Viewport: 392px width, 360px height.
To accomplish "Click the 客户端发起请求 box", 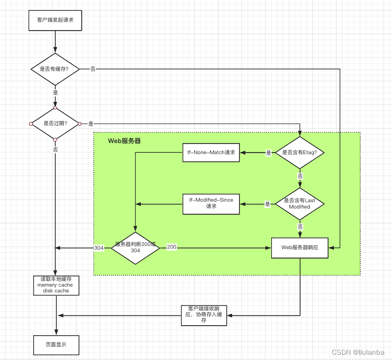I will pyautogui.click(x=55, y=20).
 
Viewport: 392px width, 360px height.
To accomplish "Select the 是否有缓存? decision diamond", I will pyautogui.click(x=55, y=69).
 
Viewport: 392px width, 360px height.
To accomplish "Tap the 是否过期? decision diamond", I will pyautogui.click(x=55, y=124).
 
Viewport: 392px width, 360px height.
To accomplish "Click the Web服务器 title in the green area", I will pyautogui.click(x=125, y=141).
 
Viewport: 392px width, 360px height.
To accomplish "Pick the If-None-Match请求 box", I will pyautogui.click(x=211, y=153).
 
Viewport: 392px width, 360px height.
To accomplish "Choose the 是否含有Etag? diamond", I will pyautogui.click(x=300, y=153).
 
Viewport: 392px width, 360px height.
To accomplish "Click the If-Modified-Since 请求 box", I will pyautogui.click(x=211, y=203).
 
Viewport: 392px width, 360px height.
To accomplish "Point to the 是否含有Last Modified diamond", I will pyautogui.click(x=300, y=203).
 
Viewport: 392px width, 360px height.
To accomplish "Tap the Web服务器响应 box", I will pyautogui.click(x=300, y=247).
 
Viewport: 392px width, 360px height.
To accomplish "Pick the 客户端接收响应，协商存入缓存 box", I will pyautogui.click(x=204, y=315).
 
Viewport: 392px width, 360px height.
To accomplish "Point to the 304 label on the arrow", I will pyautogui.click(x=99, y=248).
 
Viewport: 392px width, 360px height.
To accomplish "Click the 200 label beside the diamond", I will pyautogui.click(x=171, y=247).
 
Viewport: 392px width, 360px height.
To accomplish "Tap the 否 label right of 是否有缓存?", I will pyautogui.click(x=93, y=69).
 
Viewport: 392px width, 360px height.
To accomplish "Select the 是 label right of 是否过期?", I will pyautogui.click(x=91, y=124).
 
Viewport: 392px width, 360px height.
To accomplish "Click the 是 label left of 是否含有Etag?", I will pyautogui.click(x=268, y=153).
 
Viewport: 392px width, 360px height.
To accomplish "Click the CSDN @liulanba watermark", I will pyautogui.click(x=361, y=352).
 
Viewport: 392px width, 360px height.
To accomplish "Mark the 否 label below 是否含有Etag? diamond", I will pyautogui.click(x=300, y=176).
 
